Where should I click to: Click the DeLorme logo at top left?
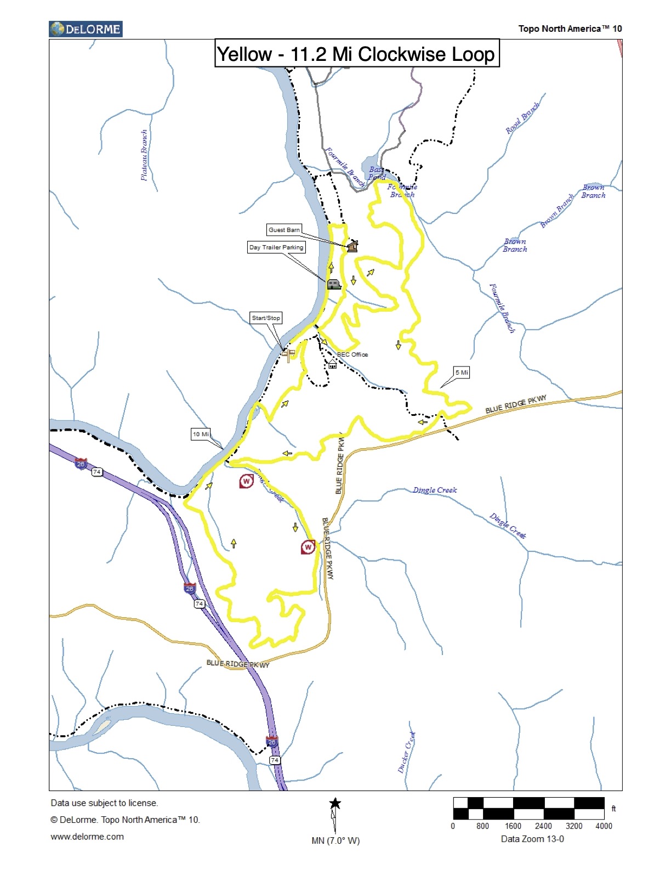[x=86, y=29]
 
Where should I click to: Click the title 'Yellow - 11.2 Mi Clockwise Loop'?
[x=356, y=54]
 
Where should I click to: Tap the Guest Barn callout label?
[x=284, y=230]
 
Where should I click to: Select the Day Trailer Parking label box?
[x=276, y=247]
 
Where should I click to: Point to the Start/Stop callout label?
[x=266, y=318]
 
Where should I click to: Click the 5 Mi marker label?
[x=462, y=373]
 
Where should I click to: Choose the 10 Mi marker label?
[x=201, y=434]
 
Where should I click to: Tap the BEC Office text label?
[x=352, y=354]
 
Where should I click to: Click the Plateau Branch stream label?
[x=144, y=155]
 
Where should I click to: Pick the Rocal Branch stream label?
[x=522, y=118]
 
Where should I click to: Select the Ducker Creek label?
[x=406, y=752]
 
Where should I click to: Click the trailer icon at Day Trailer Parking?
[x=334, y=284]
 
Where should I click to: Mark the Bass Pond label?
[x=377, y=173]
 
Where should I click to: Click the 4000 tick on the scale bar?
[x=604, y=826]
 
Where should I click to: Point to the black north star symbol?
[x=335, y=804]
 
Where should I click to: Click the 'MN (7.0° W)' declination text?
[x=336, y=840]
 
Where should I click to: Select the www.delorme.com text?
[x=87, y=837]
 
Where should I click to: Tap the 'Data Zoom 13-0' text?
[x=532, y=839]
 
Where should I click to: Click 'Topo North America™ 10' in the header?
[x=570, y=29]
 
